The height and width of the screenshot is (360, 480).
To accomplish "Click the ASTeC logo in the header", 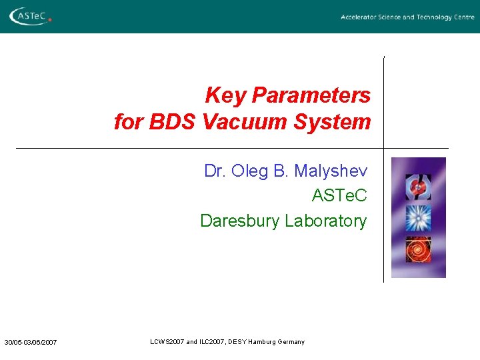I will (x=29, y=15).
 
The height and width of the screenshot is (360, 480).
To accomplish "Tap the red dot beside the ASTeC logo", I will (x=49, y=20).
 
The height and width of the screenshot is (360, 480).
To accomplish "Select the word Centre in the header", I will (x=463, y=17).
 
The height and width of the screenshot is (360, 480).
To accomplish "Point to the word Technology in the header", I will (x=434, y=17).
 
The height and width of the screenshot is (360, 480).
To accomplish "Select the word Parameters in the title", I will (x=311, y=95).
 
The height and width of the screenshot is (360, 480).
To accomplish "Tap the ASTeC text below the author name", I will (x=339, y=196).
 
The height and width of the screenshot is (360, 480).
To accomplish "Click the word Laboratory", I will (x=326, y=221).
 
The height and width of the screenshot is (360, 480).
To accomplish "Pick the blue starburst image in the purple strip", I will (x=419, y=218).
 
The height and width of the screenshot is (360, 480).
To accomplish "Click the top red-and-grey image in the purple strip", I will (x=419, y=187).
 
